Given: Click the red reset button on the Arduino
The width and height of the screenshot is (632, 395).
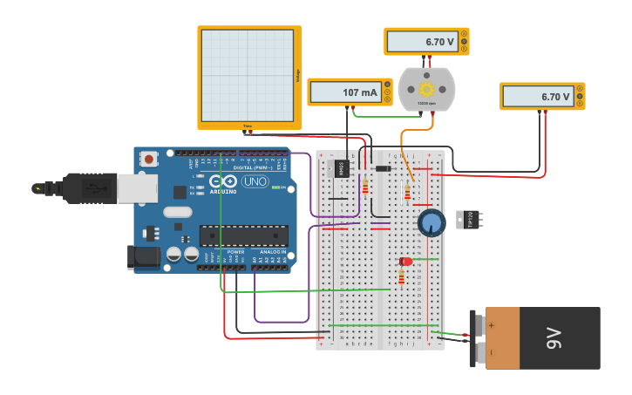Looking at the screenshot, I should (149, 159).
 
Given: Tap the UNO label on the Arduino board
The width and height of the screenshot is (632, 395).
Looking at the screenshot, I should (255, 181).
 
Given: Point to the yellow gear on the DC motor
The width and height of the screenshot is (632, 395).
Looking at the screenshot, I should (426, 88).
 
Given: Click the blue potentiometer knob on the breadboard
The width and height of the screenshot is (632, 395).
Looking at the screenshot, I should (432, 222).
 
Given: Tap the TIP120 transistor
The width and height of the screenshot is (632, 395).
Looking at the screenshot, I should (469, 220).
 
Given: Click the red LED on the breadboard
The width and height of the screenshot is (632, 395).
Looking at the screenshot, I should (405, 261).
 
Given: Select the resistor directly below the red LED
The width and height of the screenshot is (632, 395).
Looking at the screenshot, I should (401, 278).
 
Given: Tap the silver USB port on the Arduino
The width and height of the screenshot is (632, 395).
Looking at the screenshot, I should (137, 188).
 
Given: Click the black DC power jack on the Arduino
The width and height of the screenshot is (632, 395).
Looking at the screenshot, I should (143, 256).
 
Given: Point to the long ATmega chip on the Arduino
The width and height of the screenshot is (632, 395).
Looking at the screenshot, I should (244, 235).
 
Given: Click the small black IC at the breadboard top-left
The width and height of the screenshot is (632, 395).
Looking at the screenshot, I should (343, 167).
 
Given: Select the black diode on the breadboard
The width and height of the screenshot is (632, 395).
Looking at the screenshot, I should (383, 168).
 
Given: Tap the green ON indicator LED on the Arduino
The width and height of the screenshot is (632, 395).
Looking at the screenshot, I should (276, 187).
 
